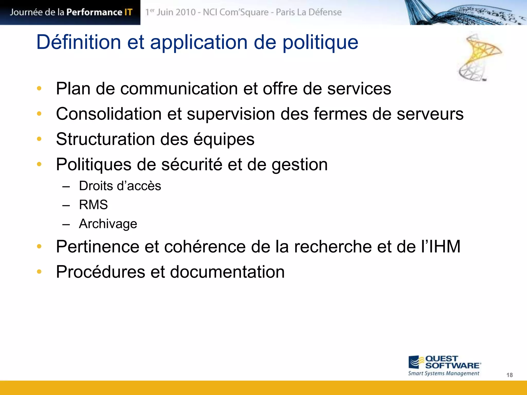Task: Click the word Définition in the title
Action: (x=78, y=42)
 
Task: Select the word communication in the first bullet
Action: (x=179, y=89)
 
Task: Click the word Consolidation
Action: (x=109, y=114)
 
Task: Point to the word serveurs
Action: (x=430, y=114)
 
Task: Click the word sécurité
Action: (x=192, y=165)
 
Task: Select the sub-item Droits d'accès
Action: (x=120, y=186)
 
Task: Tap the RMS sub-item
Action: (x=93, y=205)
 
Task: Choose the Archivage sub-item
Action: (x=108, y=224)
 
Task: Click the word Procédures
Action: (x=101, y=272)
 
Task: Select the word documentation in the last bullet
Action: (x=227, y=272)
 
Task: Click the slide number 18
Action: (x=510, y=375)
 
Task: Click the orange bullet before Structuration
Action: (x=39, y=139)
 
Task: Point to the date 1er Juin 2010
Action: (x=171, y=12)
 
